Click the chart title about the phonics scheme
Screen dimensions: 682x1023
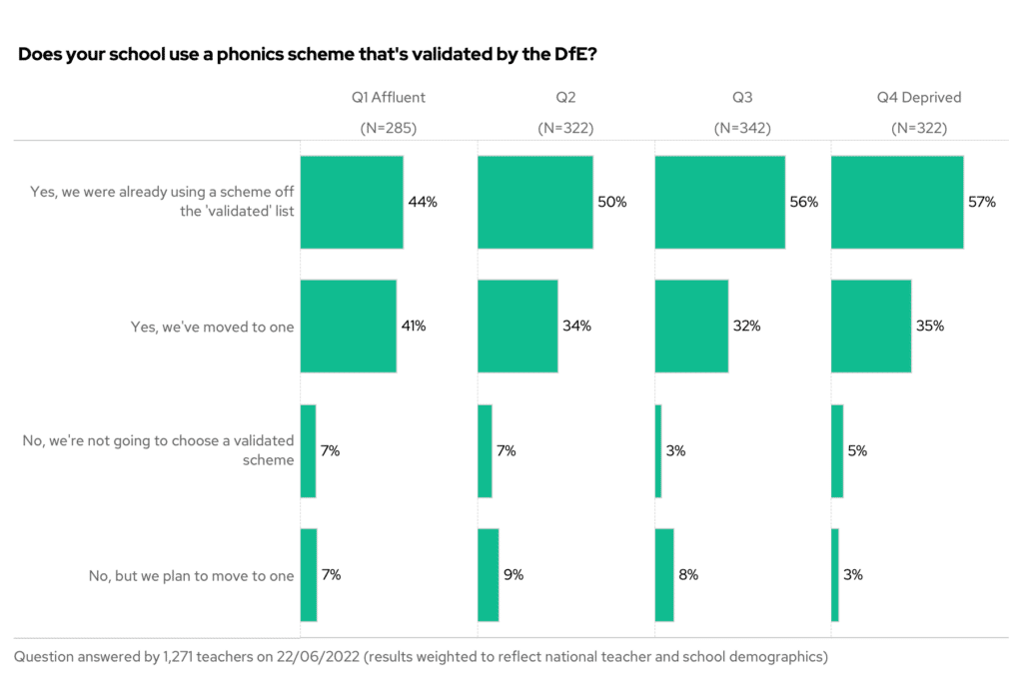tap(308, 54)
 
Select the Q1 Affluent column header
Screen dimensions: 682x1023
tap(388, 98)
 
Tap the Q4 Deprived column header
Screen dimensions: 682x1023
tap(918, 98)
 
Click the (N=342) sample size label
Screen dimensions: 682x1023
tap(741, 128)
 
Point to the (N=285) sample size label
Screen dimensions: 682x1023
tap(388, 128)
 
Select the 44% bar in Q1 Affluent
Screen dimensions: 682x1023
tap(352, 202)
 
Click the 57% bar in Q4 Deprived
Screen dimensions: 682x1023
tap(897, 202)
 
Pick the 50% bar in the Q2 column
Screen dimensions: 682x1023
tap(535, 202)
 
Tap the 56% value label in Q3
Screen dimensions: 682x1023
tap(804, 202)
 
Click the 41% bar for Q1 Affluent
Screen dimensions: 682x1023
tap(349, 326)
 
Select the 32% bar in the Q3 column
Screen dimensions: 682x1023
tap(691, 326)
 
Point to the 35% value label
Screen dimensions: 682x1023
tap(930, 326)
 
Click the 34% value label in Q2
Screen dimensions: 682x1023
tap(576, 326)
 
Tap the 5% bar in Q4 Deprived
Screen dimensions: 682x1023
tap(837, 450)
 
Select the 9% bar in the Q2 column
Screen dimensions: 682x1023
tap(489, 574)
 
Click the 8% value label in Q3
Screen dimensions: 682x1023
tap(687, 574)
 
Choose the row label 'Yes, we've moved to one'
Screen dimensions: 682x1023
tap(213, 327)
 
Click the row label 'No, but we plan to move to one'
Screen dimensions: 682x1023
tap(192, 575)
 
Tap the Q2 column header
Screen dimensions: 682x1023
tap(565, 98)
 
